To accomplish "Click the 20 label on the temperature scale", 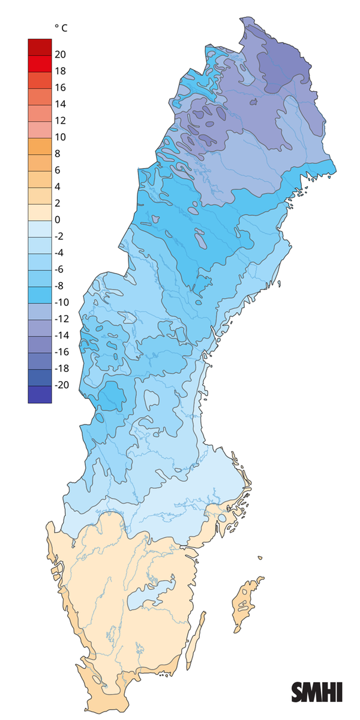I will click(x=60, y=55).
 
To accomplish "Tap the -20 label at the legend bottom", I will click(x=61, y=385).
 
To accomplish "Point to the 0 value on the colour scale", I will click(x=58, y=220).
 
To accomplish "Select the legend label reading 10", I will click(x=60, y=137).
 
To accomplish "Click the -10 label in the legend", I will click(x=61, y=302).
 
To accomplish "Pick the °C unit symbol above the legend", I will click(x=61, y=28).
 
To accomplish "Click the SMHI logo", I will click(x=317, y=692).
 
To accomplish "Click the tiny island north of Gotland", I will click(x=260, y=559).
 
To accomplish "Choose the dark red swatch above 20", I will click(x=40, y=46).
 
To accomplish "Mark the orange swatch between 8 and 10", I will click(x=40, y=145).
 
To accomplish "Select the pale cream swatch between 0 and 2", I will click(x=40, y=211).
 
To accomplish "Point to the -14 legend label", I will click(x=61, y=335).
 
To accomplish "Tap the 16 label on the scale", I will click(x=60, y=88).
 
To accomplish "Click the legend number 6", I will click(x=58, y=170).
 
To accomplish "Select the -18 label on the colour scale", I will click(x=61, y=368).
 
